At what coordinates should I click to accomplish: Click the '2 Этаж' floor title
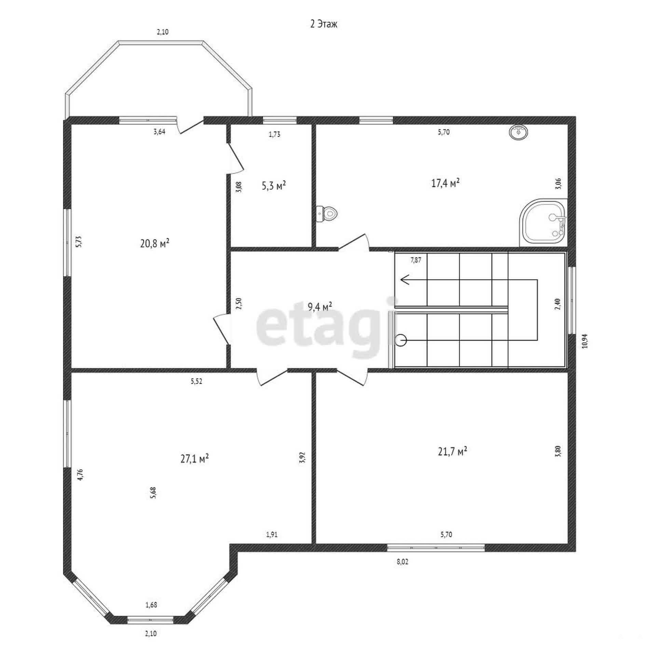tap(324, 24)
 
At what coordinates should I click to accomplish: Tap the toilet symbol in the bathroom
tap(327, 214)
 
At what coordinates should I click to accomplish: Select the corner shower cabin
tap(543, 222)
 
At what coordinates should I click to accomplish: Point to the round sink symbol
tap(518, 132)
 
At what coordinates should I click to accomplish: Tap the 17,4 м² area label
tap(445, 183)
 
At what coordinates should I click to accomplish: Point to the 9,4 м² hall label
tap(320, 306)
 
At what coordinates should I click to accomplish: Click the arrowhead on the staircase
tap(405, 280)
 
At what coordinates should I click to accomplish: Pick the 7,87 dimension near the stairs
tap(416, 260)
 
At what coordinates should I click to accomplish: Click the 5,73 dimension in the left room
tap(79, 241)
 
